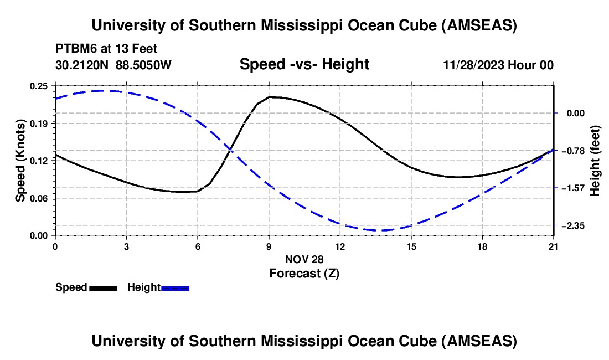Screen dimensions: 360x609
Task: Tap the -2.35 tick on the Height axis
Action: [x=570, y=225]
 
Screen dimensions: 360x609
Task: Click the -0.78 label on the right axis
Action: [x=570, y=151]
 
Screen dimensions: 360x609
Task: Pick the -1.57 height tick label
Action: [x=570, y=188]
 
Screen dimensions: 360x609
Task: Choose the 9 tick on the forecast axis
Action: [x=269, y=246]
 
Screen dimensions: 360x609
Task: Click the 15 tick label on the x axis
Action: [x=411, y=246]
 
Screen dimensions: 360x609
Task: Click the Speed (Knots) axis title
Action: [x=20, y=161]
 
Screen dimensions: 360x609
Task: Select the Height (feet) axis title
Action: [x=595, y=161]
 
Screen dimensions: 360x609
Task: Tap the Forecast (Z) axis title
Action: [x=304, y=273]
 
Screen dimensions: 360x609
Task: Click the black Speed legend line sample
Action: [x=103, y=288]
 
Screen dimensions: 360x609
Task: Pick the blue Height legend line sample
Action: [x=175, y=288]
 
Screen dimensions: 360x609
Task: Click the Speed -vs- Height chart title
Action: [x=304, y=64]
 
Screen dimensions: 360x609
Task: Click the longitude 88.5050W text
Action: [x=143, y=65]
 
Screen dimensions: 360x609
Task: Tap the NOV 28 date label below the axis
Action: [x=304, y=259]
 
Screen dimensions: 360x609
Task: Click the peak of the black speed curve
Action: [x=270, y=97]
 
